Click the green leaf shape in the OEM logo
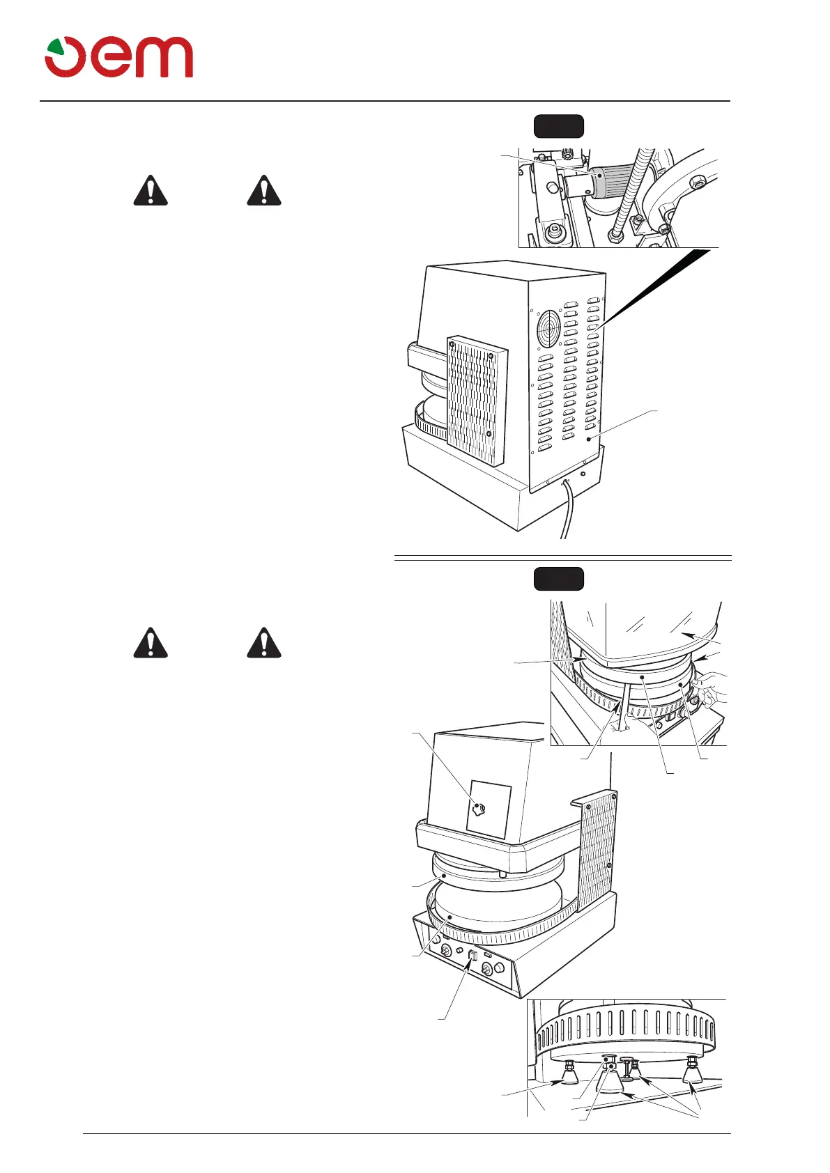(x=55, y=49)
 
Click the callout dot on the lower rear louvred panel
(x=589, y=440)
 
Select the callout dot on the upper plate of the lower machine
(x=444, y=876)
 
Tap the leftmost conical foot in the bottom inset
(x=569, y=1075)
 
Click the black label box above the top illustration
(x=558, y=126)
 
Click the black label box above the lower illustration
(x=558, y=579)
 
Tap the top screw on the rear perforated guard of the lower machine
(x=611, y=795)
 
